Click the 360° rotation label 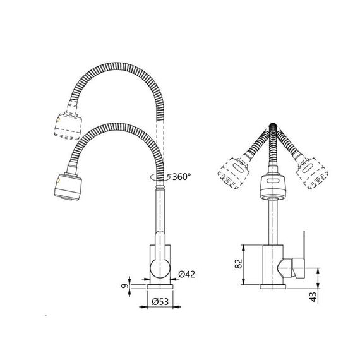point(181,177)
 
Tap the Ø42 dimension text point(186,274)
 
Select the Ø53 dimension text point(160,301)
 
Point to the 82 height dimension point(239,263)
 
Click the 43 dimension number point(313,297)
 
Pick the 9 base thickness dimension point(124,286)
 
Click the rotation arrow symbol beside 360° point(160,177)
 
